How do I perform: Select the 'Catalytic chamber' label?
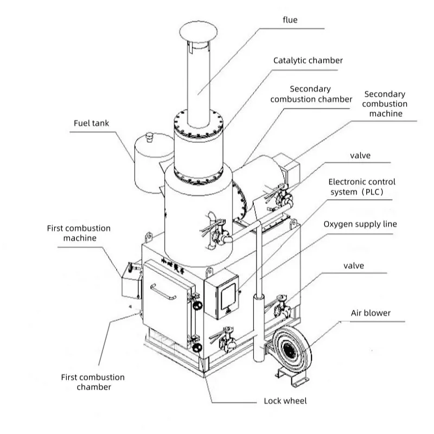[x=308, y=60]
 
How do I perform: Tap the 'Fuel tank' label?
[x=91, y=123]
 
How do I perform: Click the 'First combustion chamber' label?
[x=93, y=382]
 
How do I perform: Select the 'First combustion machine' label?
[x=79, y=233]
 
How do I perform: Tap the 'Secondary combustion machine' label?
[x=386, y=104]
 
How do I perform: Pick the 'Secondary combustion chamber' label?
[x=310, y=94]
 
